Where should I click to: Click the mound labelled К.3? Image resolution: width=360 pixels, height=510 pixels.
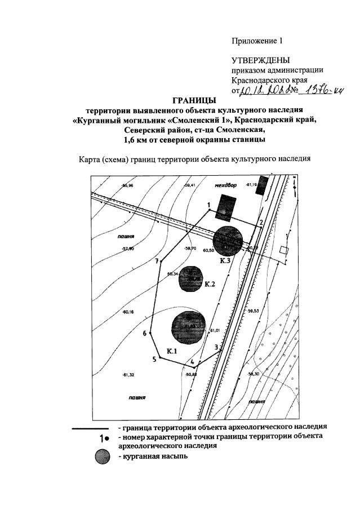228,239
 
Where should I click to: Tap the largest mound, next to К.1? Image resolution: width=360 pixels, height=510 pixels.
188,326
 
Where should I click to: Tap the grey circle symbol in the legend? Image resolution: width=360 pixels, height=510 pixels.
103,458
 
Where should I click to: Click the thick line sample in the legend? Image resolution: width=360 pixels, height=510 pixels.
91,428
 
